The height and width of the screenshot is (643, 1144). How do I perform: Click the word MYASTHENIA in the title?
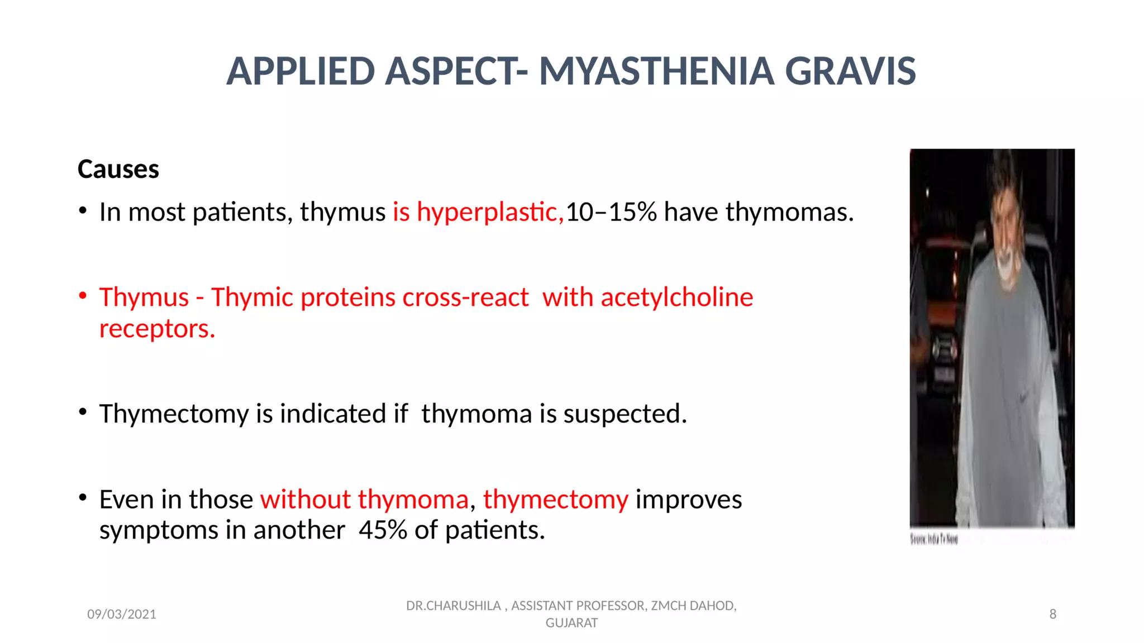[x=656, y=71]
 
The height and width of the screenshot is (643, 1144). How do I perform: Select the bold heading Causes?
[x=118, y=169]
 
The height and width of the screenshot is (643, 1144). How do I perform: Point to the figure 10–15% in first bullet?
[x=611, y=212]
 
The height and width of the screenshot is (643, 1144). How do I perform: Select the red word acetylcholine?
[x=676, y=297]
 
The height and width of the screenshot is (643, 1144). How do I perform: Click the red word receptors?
[x=156, y=329]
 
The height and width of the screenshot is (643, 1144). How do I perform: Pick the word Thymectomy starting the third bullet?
[x=174, y=414]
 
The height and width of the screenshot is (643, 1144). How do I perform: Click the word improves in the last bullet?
[x=688, y=499]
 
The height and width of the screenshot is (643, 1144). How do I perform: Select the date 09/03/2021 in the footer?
[x=121, y=615]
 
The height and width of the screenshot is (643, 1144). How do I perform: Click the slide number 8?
[x=1052, y=615]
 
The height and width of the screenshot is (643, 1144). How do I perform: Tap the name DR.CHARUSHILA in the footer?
[x=453, y=606]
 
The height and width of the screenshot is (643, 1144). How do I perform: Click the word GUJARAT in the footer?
[x=571, y=623]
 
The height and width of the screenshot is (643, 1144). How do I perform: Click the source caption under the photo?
[x=934, y=539]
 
